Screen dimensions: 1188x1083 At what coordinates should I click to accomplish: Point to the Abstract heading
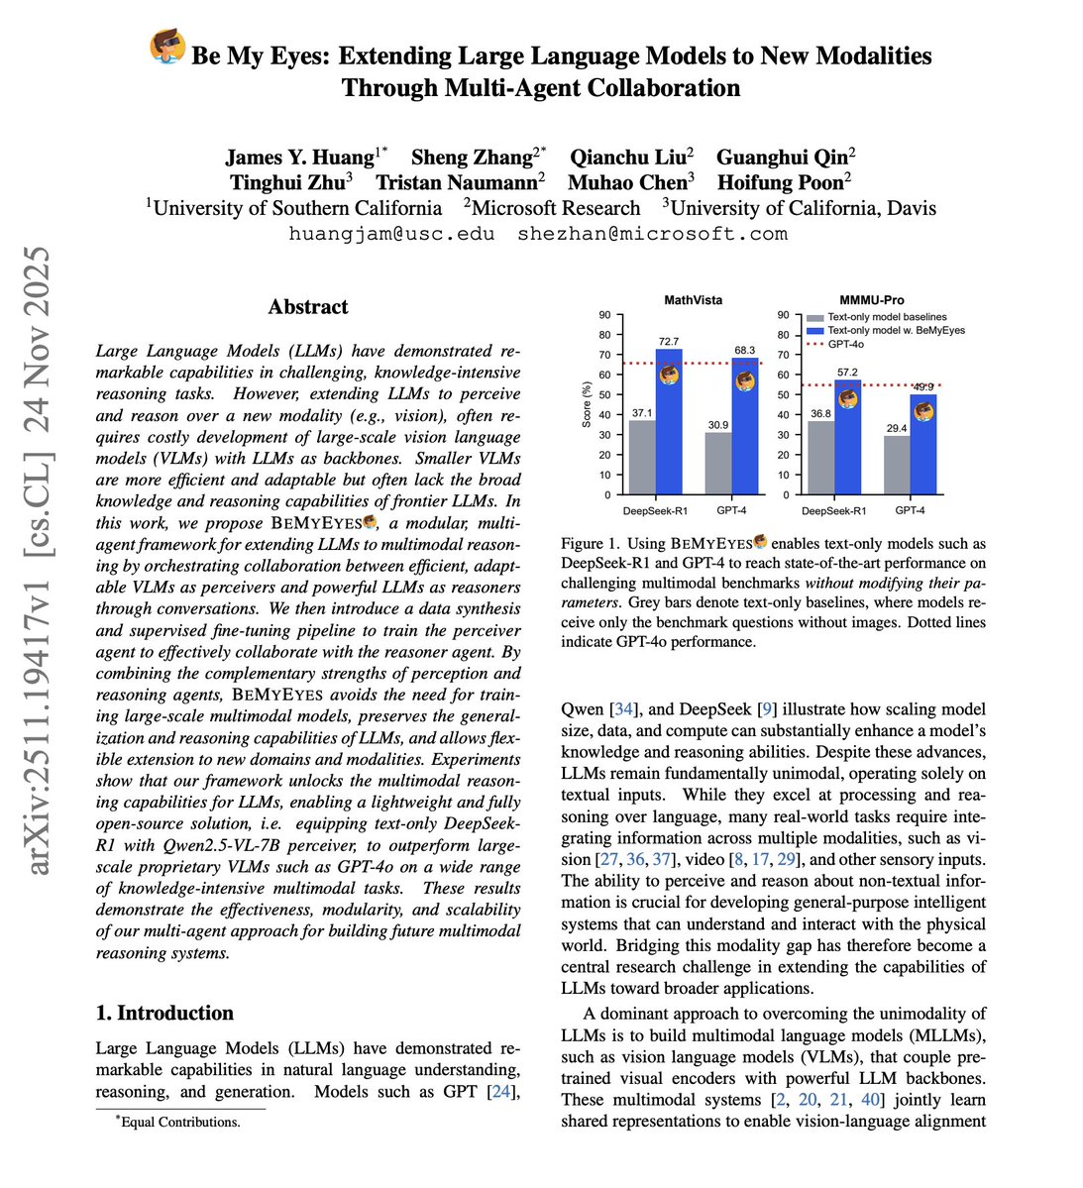click(x=308, y=306)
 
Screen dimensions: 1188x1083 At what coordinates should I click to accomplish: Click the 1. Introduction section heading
click(x=164, y=1013)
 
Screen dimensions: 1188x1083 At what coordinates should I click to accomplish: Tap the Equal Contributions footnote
click(x=179, y=1122)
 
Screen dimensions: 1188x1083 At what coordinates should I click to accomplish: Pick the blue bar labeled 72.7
click(x=669, y=426)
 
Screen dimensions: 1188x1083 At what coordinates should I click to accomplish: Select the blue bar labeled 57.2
click(x=848, y=437)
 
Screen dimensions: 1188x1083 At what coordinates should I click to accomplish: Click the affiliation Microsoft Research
click(x=556, y=208)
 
